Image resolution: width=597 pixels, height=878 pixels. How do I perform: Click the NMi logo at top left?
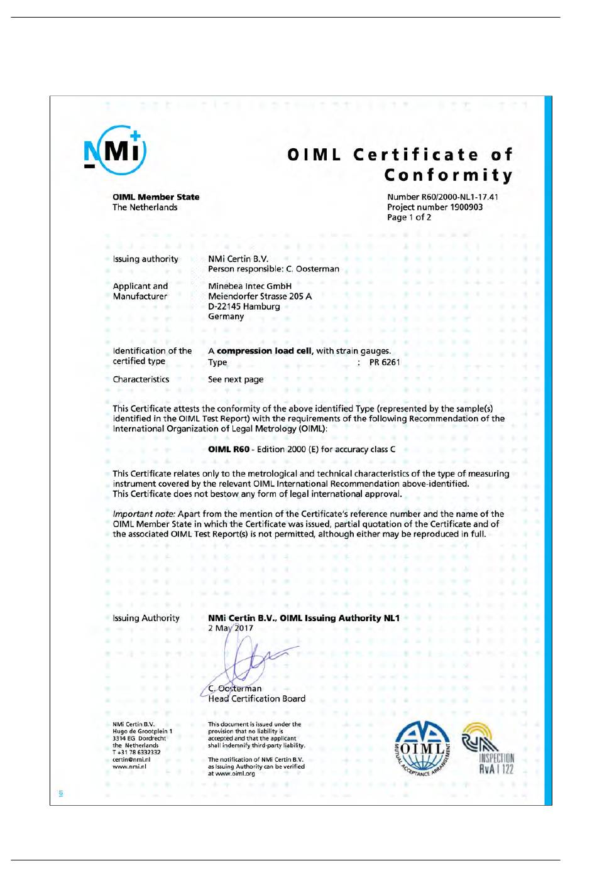tap(115, 150)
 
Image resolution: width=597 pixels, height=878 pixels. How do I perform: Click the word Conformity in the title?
tap(449, 175)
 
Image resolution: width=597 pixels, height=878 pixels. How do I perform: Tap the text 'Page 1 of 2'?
tap(409, 217)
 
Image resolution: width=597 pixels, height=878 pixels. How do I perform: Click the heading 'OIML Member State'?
tap(156, 197)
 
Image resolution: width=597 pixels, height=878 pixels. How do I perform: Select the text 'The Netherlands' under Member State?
tap(145, 207)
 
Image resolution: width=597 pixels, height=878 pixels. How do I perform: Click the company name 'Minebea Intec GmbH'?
tap(249, 286)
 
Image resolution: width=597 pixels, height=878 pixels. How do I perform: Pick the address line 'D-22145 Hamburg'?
tap(244, 306)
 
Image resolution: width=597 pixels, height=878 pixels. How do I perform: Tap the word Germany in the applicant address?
tap(226, 317)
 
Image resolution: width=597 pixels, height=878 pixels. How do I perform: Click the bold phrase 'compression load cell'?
tap(264, 351)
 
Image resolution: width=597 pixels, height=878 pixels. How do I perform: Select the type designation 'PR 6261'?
tap(385, 362)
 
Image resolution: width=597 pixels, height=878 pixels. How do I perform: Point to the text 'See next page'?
tap(236, 379)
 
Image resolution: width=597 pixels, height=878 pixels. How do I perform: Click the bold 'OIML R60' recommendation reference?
tap(229, 450)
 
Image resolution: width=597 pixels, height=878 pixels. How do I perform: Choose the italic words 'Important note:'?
tap(144, 514)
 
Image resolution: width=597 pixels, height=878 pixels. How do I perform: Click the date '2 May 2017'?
tap(231, 628)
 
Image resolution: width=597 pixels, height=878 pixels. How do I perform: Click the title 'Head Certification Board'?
tap(256, 699)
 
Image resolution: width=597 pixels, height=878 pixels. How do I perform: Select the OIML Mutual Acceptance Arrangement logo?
tap(422, 749)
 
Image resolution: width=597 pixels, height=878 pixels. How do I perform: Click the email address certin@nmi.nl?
tap(131, 759)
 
